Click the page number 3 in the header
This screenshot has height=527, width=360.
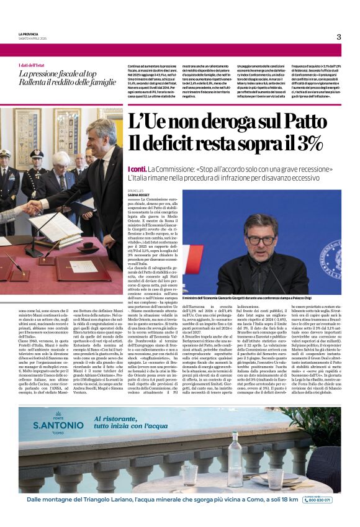point(339,37)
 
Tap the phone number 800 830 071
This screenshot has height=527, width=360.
point(318,500)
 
